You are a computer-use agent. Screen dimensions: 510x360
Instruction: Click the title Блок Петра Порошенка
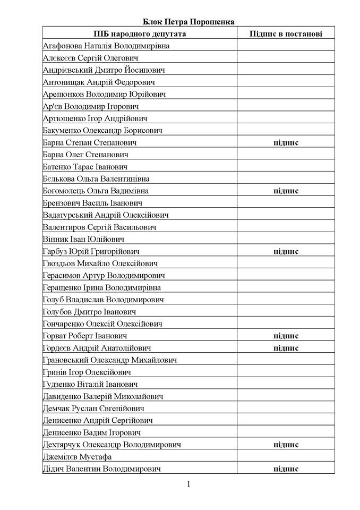pos(188,21)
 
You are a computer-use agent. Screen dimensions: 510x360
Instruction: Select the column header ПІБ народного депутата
pos(140,33)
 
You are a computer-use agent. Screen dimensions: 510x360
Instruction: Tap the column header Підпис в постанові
pos(286,33)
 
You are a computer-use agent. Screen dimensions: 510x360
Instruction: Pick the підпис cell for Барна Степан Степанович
pos(286,142)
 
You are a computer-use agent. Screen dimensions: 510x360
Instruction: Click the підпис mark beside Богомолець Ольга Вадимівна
pos(286,191)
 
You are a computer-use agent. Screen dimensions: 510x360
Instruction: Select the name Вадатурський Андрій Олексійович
pos(106,215)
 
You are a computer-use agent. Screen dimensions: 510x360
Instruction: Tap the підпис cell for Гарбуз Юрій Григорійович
pos(286,251)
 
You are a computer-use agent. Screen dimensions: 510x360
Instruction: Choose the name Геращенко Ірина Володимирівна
pos(102,287)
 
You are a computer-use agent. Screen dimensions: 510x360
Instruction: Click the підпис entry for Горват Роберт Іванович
pos(286,336)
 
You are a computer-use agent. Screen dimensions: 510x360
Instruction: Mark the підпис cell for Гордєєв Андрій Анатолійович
pos(286,348)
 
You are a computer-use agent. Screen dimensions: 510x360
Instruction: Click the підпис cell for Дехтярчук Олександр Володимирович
pos(286,445)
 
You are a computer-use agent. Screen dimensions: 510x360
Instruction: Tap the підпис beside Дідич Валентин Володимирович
pos(286,469)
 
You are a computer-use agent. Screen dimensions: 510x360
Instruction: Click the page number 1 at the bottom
pos(188,484)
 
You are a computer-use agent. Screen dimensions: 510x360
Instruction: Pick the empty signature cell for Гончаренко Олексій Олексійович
pos(286,324)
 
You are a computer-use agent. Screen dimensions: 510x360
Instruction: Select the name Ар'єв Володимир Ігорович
pos(87,106)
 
